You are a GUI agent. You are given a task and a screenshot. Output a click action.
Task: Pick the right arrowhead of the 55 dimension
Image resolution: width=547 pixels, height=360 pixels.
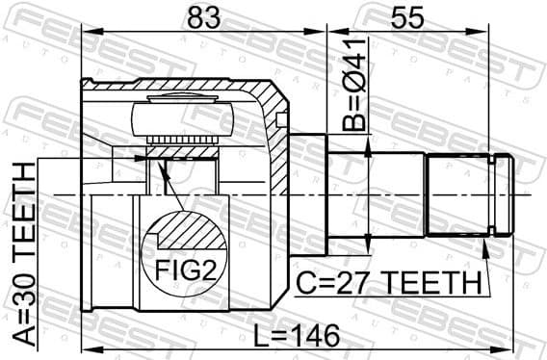click(508, 32)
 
